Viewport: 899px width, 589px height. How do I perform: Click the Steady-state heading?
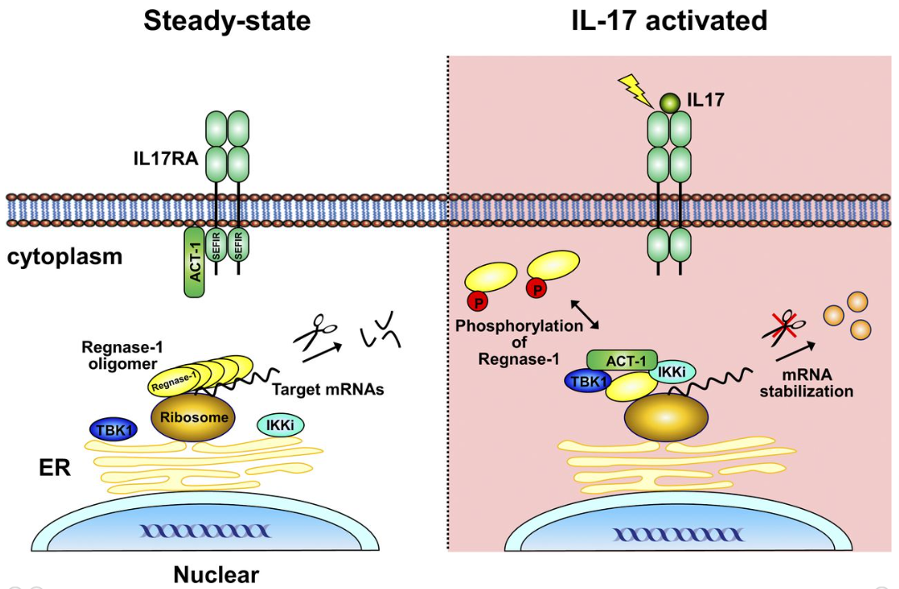tap(227, 20)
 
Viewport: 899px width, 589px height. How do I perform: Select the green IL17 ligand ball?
tap(671, 102)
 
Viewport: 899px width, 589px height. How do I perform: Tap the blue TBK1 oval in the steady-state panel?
tap(113, 428)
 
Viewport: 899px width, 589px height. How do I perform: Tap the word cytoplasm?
tap(65, 256)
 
